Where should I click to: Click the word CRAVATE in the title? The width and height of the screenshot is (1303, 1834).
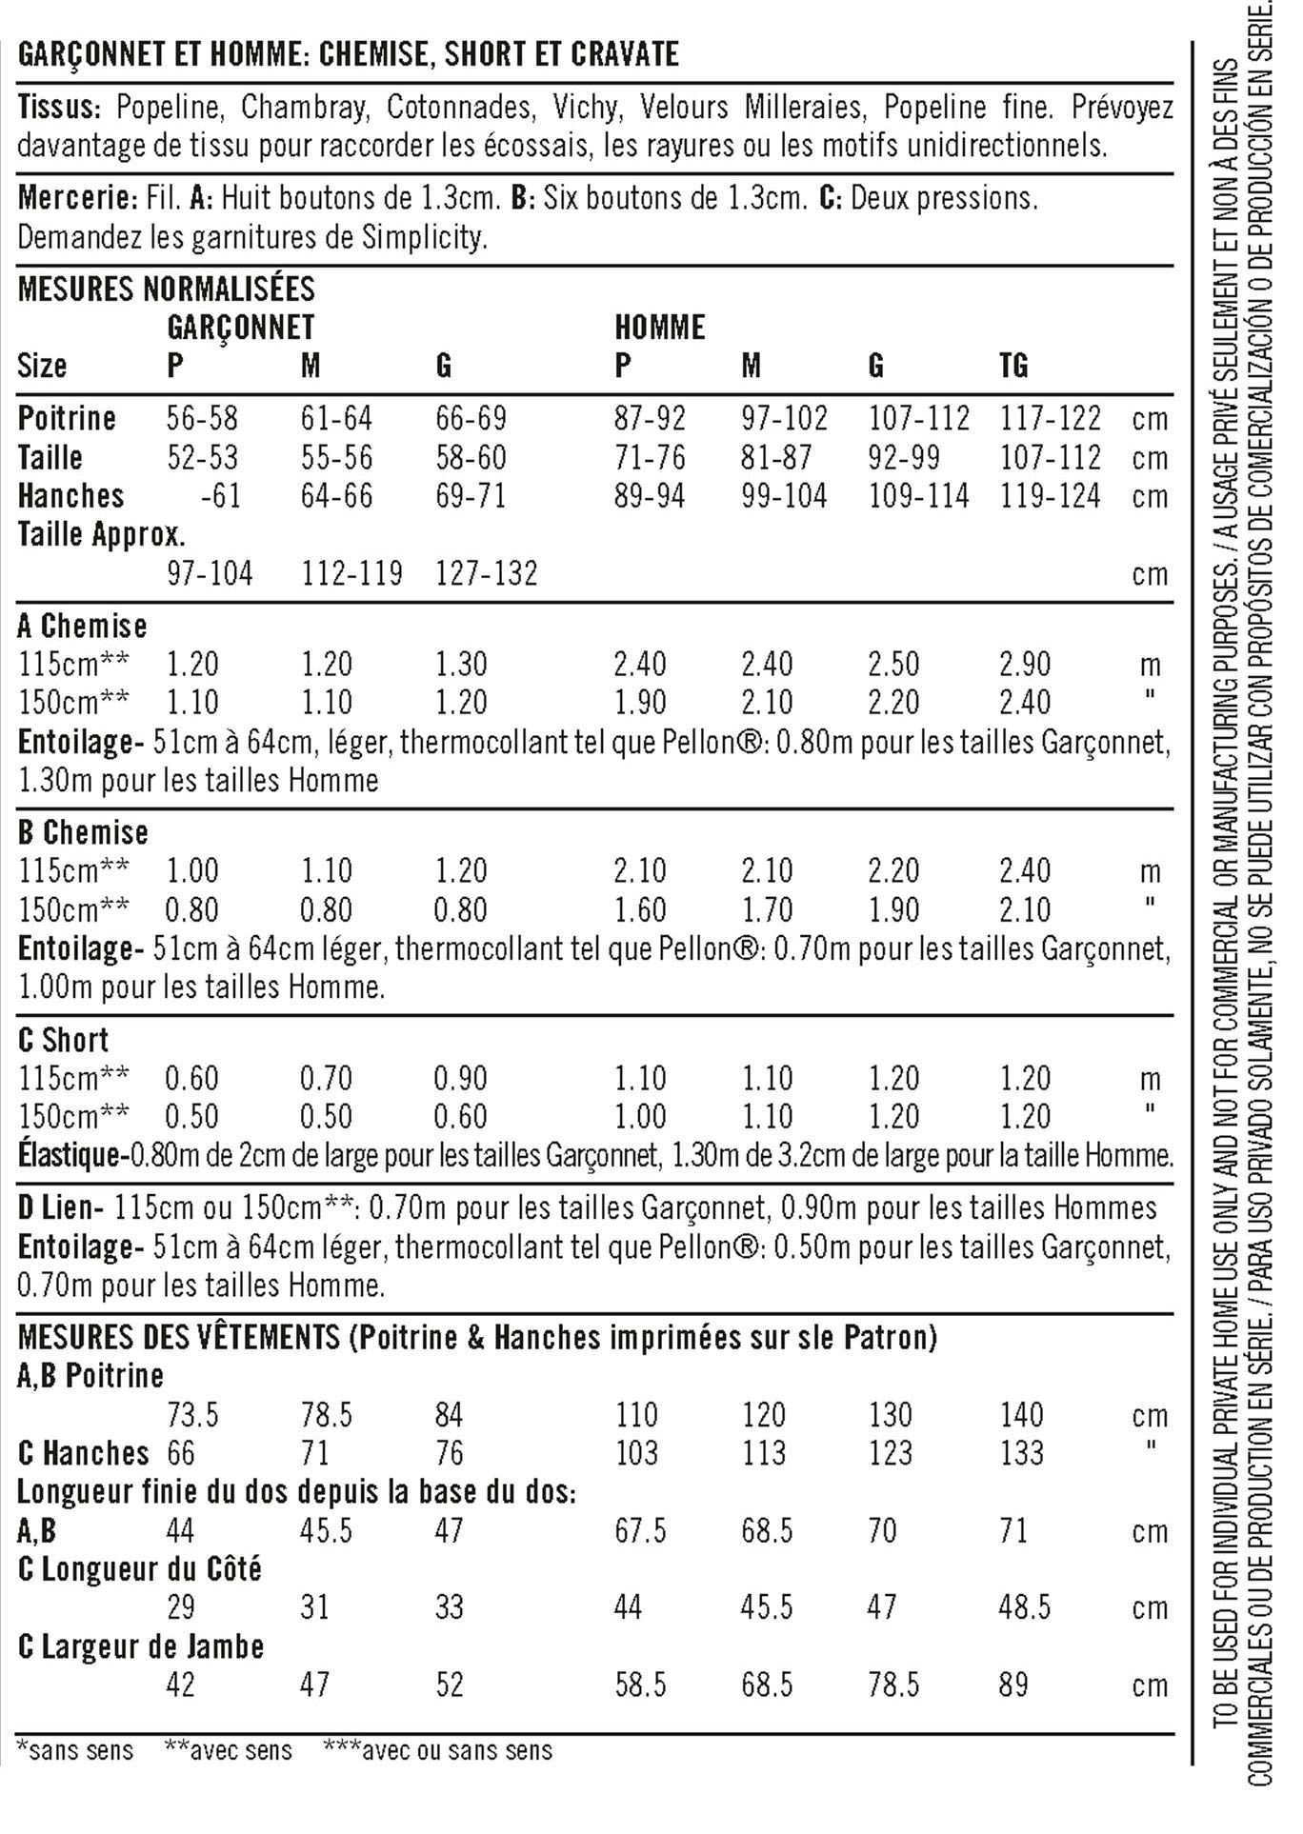(624, 54)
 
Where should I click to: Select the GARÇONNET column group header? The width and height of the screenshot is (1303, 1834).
(240, 328)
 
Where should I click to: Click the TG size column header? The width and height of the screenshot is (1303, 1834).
(1013, 366)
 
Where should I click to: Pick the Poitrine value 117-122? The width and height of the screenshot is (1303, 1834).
(1050, 419)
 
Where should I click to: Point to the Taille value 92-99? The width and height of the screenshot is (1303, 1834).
(903, 458)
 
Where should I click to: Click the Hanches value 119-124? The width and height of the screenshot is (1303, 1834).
(1050, 496)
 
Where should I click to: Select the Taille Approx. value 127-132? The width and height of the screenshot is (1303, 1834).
(486, 573)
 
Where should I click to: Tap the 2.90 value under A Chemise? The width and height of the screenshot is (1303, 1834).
(1024, 664)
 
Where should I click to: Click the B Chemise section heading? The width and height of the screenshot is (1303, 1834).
(83, 833)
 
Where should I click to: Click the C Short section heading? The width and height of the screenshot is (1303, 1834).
(63, 1040)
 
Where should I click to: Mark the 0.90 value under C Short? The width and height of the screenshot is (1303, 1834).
(460, 1079)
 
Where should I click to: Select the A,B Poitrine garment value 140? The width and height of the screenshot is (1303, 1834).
(1021, 1415)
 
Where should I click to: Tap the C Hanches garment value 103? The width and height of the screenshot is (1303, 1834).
(636, 1453)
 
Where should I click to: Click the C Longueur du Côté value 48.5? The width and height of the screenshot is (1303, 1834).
(1024, 1607)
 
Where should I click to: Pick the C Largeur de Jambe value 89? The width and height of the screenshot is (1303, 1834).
(1013, 1684)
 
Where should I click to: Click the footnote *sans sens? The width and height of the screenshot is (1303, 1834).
(75, 1750)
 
